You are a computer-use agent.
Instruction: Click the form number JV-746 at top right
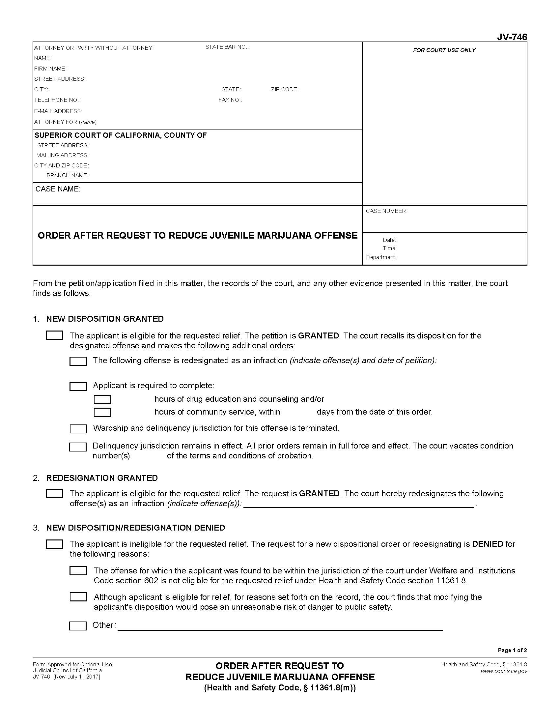[512, 37]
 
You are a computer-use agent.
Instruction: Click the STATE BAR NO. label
[227, 47]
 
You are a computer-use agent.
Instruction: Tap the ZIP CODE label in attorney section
[284, 89]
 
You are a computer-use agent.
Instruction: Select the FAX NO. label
[230, 100]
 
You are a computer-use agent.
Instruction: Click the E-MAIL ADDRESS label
[58, 111]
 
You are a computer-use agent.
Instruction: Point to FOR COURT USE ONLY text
[444, 50]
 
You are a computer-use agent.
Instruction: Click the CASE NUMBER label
[386, 211]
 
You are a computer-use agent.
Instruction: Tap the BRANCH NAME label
[67, 175]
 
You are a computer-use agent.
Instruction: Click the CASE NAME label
[58, 189]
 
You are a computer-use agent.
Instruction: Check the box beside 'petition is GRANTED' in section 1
[54, 335]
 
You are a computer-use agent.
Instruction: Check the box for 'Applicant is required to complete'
[78, 386]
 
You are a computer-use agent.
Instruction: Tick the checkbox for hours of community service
[102, 412]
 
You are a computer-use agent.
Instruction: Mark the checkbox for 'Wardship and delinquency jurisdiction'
[78, 428]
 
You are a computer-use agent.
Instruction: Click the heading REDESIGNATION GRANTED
[102, 478]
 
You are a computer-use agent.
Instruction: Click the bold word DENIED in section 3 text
[487, 544]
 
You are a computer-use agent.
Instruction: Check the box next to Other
[78, 626]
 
